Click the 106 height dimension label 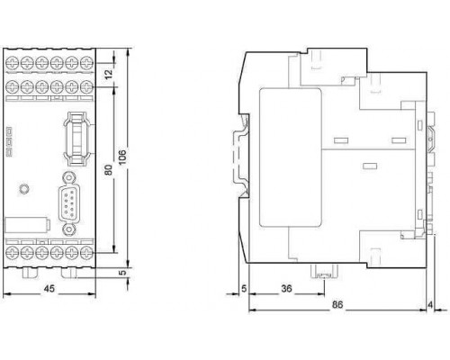tap(122, 157)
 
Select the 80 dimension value tap(108, 170)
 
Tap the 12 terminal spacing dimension tap(109, 73)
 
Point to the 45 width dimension tap(49, 289)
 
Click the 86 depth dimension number tap(337, 305)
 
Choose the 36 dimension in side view tap(286, 289)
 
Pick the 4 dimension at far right tap(430, 305)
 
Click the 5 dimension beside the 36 tap(244, 289)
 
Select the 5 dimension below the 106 tap(121, 273)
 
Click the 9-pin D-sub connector tap(69, 203)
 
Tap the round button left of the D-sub tap(23, 189)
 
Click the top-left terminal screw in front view tap(12, 63)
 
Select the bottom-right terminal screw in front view tap(86, 253)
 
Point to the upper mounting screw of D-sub tap(69, 177)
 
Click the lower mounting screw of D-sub tap(69, 230)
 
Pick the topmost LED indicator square tap(9, 130)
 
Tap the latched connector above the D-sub tap(77, 138)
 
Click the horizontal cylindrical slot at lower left tap(27, 225)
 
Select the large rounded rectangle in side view tap(291, 157)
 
